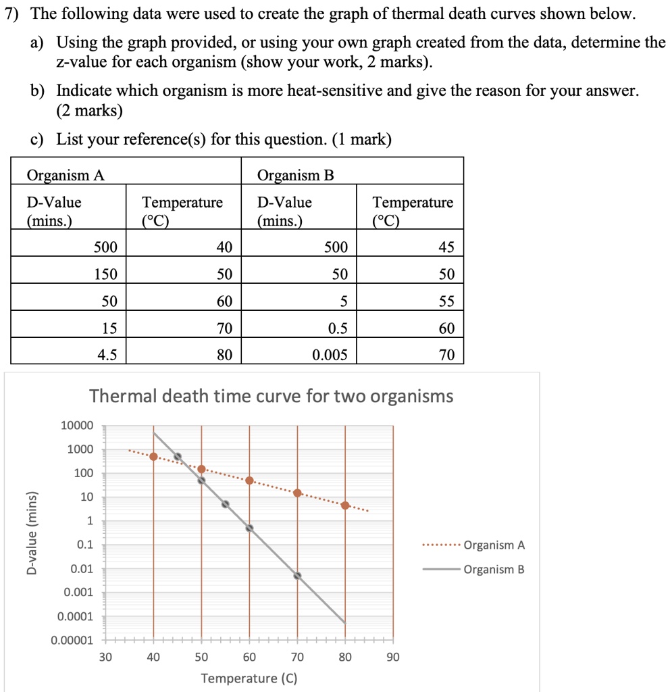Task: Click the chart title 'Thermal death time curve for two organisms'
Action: pos(271,396)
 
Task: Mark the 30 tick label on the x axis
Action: pos(106,656)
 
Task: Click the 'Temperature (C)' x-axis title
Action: pos(249,678)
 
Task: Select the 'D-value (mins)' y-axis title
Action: pos(32,532)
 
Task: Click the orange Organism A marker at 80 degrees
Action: pos(345,505)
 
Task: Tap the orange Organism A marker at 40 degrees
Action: pos(154,457)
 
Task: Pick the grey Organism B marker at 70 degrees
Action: pos(297,576)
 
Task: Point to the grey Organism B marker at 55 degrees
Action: pos(226,504)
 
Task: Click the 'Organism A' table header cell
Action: pos(66,176)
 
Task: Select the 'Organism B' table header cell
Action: pos(296,176)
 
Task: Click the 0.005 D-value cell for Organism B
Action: pos(330,354)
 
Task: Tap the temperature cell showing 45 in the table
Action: pos(446,248)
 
